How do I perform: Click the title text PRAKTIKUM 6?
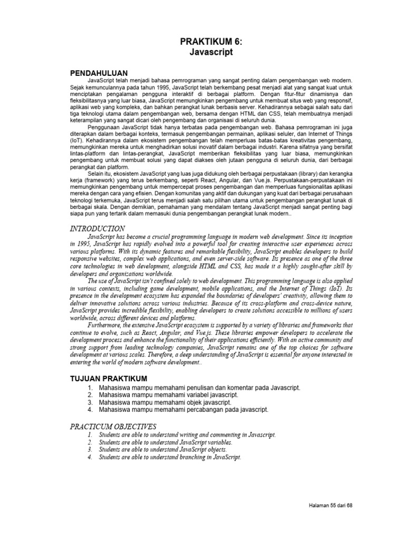(210, 42)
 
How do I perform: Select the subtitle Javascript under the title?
(210, 53)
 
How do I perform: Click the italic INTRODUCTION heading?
(98, 228)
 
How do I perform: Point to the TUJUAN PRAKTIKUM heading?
(108, 379)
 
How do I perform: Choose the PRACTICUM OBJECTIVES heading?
(113, 426)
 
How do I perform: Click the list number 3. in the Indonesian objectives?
(91, 402)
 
